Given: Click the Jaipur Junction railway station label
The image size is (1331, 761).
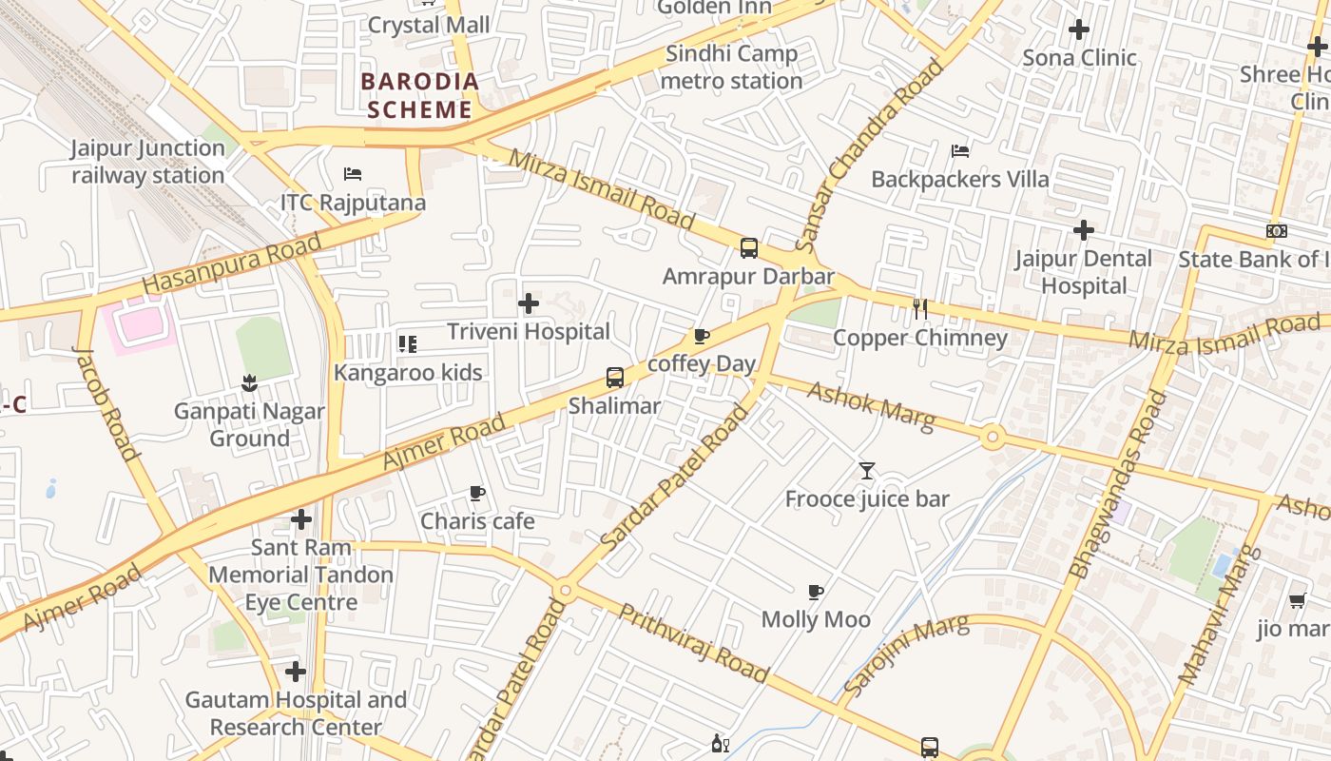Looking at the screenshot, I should click(x=148, y=162).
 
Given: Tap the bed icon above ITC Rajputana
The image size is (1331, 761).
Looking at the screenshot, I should click(x=353, y=174).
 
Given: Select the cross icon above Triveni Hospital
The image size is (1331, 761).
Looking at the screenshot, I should click(x=529, y=304).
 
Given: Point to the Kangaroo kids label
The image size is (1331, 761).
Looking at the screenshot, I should click(x=408, y=372).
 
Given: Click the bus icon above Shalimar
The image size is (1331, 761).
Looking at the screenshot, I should click(x=615, y=378).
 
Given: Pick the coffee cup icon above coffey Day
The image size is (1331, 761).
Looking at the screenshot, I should click(x=702, y=336).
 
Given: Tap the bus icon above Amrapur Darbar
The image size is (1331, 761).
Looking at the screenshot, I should click(x=749, y=248).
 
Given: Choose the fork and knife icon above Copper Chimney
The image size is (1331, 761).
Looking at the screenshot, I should click(x=919, y=309).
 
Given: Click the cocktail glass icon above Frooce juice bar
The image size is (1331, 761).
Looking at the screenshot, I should click(x=867, y=471).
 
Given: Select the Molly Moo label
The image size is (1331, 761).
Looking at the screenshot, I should click(x=816, y=619).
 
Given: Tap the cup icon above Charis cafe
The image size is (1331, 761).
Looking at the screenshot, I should click(x=477, y=494).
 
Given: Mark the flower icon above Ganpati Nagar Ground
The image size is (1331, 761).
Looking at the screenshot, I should click(x=249, y=383).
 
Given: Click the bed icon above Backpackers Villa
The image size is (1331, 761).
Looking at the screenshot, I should click(x=960, y=151).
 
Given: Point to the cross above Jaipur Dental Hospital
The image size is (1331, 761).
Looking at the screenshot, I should click(x=1083, y=230).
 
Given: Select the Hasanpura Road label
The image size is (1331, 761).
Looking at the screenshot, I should click(x=232, y=265).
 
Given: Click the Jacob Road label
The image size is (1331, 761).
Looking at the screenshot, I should click(x=106, y=403).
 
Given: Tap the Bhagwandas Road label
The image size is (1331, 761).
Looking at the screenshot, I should click(x=1118, y=485).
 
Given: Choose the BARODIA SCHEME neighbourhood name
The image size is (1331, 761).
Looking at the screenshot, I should click(x=419, y=95).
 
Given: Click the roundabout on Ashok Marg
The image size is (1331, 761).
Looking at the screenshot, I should click(x=993, y=438).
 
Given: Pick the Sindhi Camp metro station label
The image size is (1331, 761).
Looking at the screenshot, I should click(x=731, y=68).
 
